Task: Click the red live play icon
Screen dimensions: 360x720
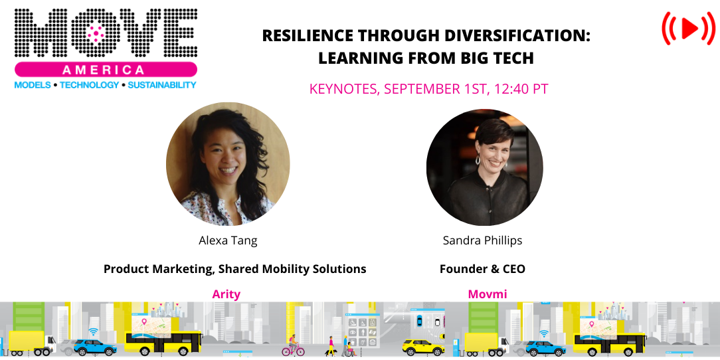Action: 687,28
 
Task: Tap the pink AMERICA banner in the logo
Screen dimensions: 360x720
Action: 106,70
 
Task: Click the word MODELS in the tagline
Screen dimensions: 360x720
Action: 33,85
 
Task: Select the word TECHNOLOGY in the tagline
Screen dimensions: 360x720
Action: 90,85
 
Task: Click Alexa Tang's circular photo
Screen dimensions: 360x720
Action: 228,164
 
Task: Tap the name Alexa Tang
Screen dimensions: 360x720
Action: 228,240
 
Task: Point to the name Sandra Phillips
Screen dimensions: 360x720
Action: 482,240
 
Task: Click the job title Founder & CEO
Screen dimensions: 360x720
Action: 482,269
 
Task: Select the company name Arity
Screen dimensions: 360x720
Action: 226,294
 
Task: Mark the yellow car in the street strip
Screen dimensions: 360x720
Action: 422,347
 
